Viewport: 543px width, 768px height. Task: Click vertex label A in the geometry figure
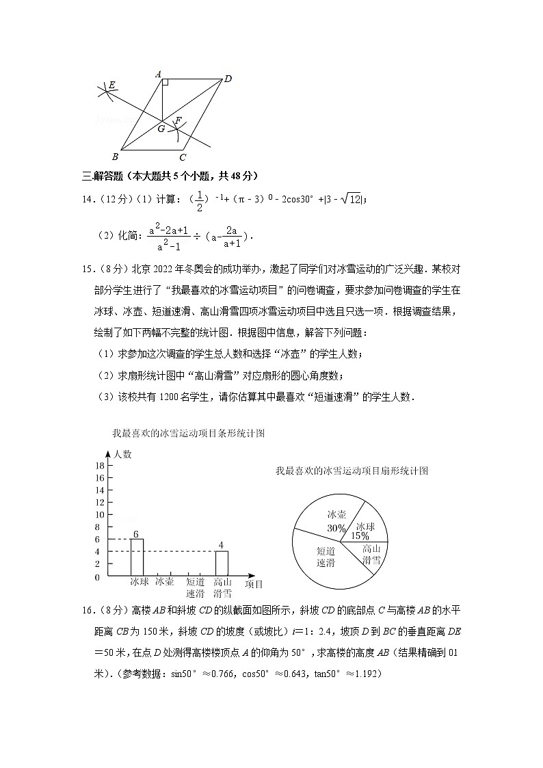click(158, 74)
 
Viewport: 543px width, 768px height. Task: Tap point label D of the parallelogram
click(228, 79)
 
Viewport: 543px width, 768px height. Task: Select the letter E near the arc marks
click(112, 85)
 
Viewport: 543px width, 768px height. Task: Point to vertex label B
click(115, 156)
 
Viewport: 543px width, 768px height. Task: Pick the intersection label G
click(161, 128)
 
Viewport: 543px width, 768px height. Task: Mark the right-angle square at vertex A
click(165, 83)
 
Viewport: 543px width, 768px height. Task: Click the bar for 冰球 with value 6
click(137, 557)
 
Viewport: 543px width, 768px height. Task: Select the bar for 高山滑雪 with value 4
click(222, 564)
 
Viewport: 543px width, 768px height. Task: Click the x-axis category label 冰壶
click(164, 582)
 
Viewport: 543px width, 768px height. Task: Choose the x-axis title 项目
click(254, 584)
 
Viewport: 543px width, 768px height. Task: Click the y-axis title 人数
click(123, 454)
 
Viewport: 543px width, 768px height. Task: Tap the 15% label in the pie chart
click(361, 535)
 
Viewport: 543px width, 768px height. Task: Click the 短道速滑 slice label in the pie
click(326, 557)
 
